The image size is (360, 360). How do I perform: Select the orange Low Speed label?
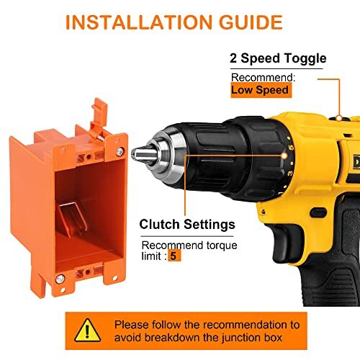click(260, 90)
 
